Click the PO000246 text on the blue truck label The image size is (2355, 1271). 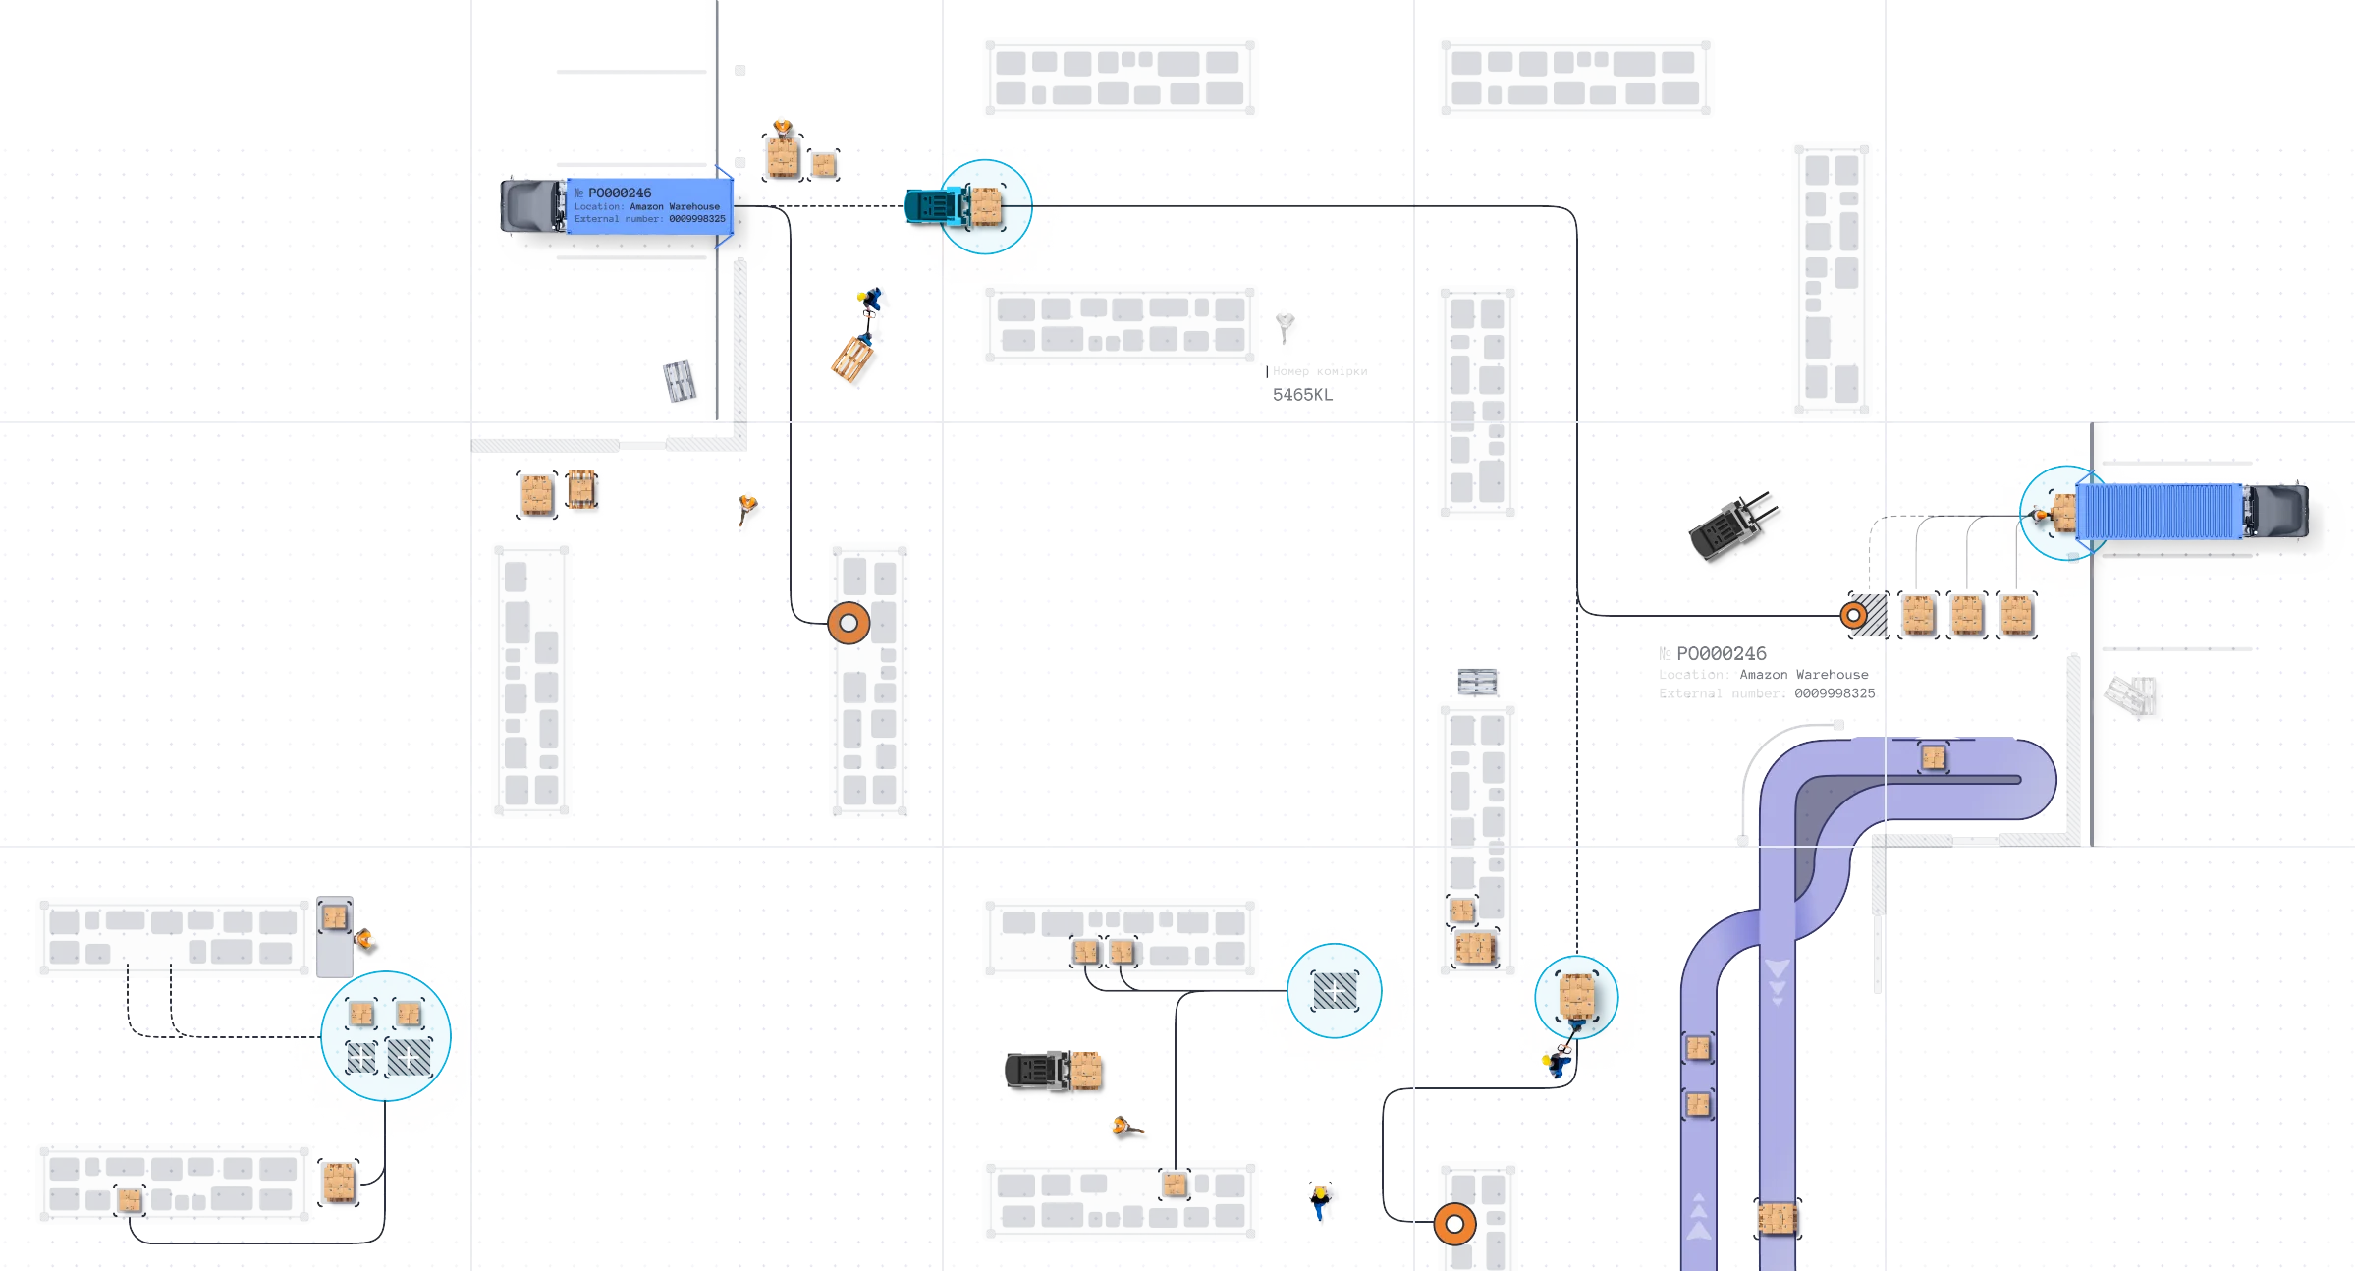[619, 193]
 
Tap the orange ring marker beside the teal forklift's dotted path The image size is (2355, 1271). [849, 623]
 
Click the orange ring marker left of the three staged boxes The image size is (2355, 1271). [1853, 616]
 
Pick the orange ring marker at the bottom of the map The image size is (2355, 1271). [1454, 1224]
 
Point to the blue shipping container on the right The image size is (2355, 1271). [2159, 512]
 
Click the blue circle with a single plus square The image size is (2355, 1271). [1335, 991]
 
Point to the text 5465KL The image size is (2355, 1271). [1302, 394]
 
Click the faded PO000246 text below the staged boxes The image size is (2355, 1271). [1721, 653]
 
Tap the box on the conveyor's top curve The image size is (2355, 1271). [1933, 758]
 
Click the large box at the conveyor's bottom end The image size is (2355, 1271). [1777, 1218]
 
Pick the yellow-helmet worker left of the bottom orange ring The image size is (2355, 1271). [1320, 1200]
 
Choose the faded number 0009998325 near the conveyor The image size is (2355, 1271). [1835, 693]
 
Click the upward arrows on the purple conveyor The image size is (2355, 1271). [1699, 1218]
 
